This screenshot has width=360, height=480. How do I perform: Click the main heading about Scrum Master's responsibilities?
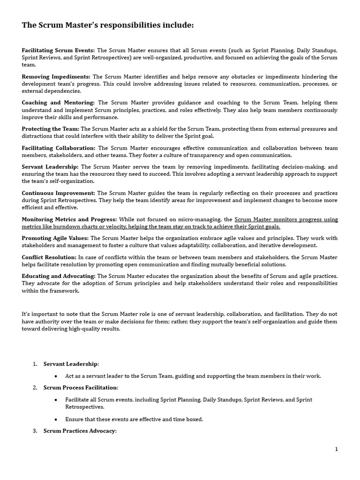click(107, 25)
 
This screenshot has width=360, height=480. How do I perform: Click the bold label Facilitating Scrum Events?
click(58, 50)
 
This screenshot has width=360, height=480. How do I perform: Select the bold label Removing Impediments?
click(56, 76)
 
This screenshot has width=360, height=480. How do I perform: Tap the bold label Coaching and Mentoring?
click(58, 103)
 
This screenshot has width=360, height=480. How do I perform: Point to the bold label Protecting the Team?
click(51, 129)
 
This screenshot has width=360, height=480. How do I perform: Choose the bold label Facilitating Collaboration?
click(59, 148)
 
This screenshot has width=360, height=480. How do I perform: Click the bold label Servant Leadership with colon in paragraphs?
click(51, 167)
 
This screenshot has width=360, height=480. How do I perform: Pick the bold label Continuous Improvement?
click(58, 193)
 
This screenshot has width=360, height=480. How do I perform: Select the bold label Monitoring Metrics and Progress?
click(69, 219)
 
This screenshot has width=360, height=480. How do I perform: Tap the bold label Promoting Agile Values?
click(55, 238)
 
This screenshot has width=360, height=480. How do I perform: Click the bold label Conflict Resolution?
click(49, 257)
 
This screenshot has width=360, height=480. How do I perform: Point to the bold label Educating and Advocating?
click(59, 276)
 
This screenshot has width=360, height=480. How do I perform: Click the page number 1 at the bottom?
click(336, 449)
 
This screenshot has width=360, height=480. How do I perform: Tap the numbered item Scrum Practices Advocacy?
click(79, 431)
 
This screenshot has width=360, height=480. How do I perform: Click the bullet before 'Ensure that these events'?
click(56, 420)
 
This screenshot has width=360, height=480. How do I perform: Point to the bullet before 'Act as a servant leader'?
click(56, 376)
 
